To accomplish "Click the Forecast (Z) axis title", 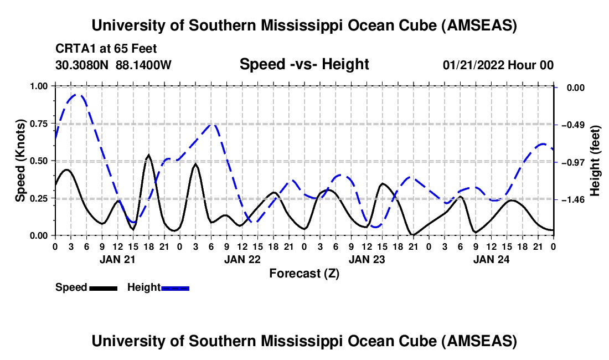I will [304, 273].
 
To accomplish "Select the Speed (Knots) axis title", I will [20, 161].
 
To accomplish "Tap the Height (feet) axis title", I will [596, 161].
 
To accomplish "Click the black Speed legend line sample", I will [103, 287].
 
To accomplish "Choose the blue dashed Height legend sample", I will [176, 287].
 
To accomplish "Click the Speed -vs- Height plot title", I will [304, 64].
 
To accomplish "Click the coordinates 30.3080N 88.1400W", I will [113, 65].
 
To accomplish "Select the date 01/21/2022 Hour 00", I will [498, 65].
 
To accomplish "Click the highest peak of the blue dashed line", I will [77, 95].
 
